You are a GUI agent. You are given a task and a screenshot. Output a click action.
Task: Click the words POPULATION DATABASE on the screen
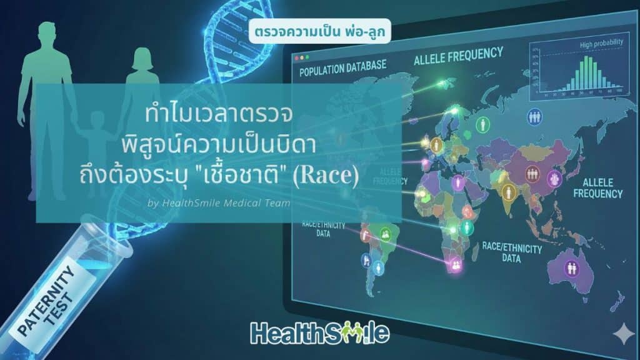click(x=342, y=68)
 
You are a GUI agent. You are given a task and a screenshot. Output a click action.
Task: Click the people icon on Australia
click(x=571, y=268)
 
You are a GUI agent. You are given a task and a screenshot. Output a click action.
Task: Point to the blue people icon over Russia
click(x=534, y=116)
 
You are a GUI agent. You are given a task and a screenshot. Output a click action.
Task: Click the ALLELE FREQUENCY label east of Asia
click(x=602, y=187)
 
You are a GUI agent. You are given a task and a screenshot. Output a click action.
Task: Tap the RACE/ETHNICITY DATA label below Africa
click(x=512, y=252)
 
